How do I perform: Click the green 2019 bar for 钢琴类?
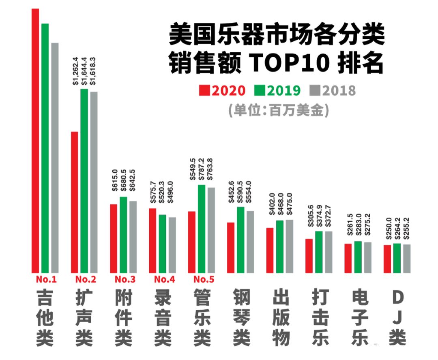pos(241,240)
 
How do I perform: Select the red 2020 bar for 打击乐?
pos(309,256)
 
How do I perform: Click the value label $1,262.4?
pos(75,71)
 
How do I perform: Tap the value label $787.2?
pos(202,169)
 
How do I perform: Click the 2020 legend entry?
pos(222,90)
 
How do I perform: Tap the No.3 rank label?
pos(125,279)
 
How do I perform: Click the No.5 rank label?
pos(204,279)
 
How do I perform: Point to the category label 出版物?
pos(281,318)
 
